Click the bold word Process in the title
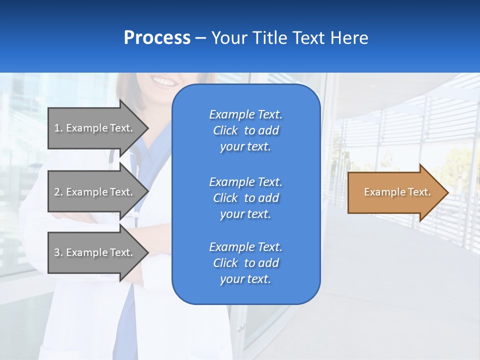157,38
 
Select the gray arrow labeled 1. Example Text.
95,128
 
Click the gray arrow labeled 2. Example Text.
95,192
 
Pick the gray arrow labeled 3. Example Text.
95,252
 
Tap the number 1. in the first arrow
58,128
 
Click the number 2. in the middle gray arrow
58,192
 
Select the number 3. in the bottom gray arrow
58,252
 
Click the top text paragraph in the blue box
245,130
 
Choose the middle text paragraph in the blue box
245,198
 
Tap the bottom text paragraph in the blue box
245,263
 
